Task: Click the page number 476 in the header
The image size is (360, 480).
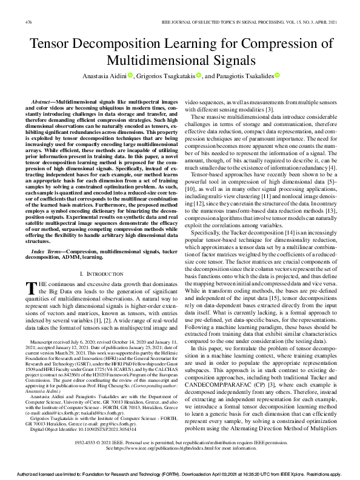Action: (x=28, y=22)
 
